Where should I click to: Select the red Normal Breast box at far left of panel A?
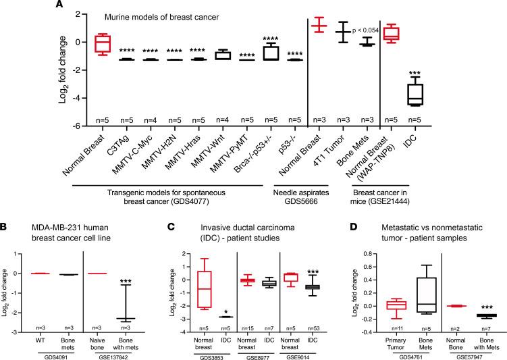101,43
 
